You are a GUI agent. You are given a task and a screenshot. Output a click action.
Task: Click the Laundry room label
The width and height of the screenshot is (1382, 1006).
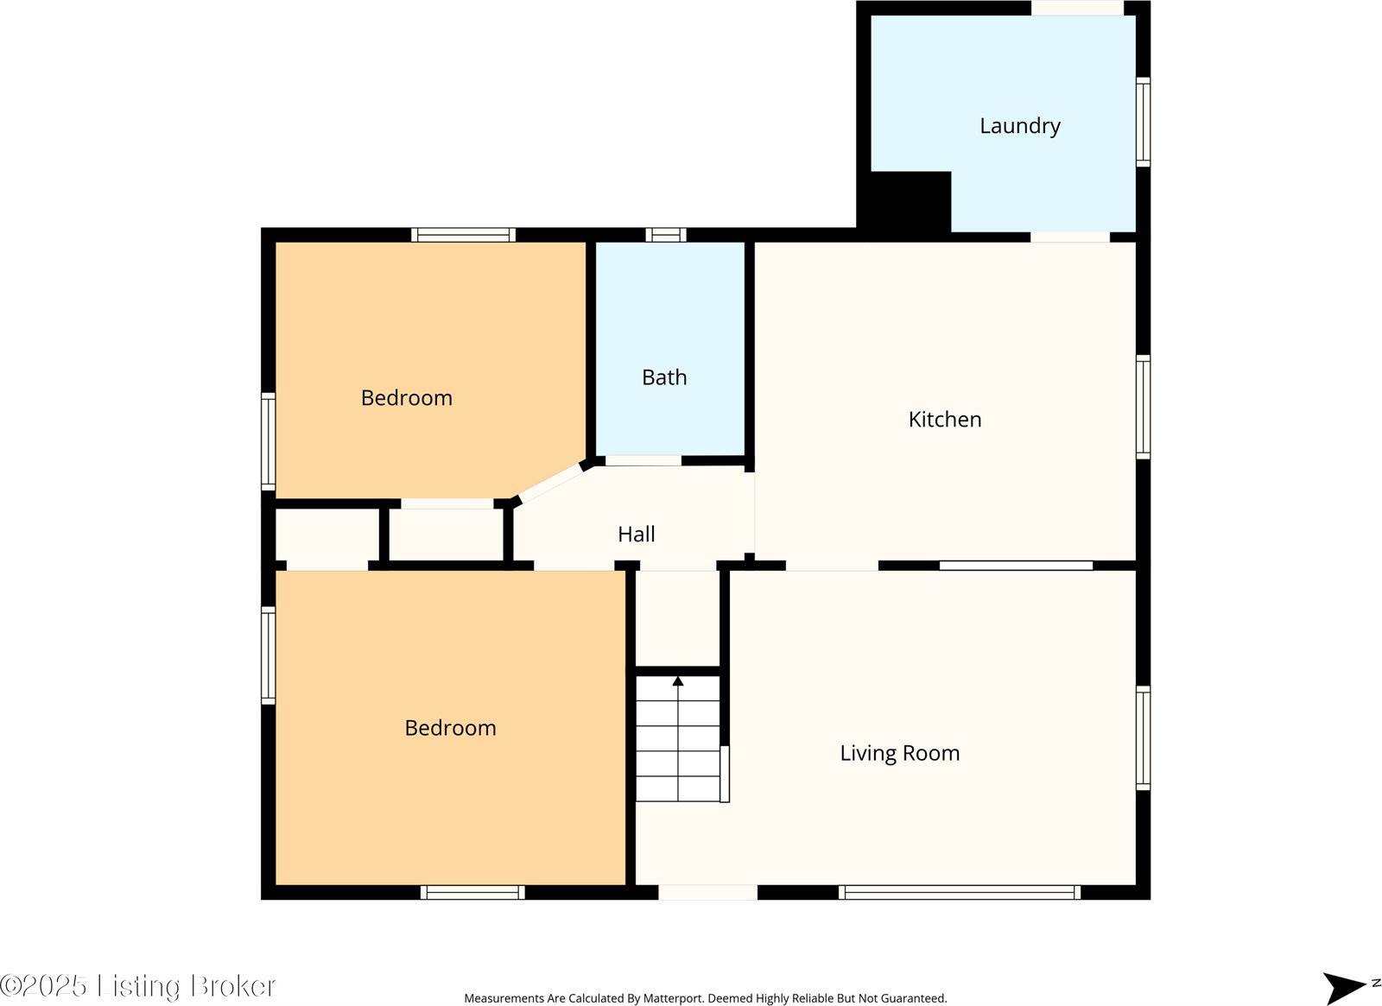[x=1019, y=126]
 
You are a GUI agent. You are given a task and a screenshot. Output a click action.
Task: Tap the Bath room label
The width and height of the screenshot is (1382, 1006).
[x=664, y=377]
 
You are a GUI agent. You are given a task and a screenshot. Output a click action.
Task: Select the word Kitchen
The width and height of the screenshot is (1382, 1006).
[x=944, y=420]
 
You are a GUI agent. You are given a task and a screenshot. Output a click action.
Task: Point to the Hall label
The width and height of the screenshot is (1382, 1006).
[x=636, y=535]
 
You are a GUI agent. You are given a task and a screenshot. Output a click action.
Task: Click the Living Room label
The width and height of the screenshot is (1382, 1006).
[x=899, y=753]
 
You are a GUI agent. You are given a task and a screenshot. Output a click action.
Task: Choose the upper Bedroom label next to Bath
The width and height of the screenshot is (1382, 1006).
[x=406, y=398]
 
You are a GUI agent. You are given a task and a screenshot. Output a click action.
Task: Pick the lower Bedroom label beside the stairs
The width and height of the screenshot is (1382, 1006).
[x=450, y=728]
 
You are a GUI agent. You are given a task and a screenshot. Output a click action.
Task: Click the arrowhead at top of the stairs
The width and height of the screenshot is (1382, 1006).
[x=678, y=681]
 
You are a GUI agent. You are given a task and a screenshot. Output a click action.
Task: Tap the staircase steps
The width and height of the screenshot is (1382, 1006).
[x=678, y=743]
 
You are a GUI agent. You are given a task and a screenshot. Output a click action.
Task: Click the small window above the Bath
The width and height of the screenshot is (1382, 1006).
[x=666, y=235]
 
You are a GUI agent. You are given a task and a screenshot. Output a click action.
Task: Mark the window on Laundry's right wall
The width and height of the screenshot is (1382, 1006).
[x=1143, y=122]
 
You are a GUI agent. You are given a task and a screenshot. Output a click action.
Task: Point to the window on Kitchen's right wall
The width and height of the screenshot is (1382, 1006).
[x=1143, y=407]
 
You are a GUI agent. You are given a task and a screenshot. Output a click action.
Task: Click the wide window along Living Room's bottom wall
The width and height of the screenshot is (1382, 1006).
[x=959, y=893]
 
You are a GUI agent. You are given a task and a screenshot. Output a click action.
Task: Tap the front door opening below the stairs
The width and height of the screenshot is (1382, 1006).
[x=707, y=893]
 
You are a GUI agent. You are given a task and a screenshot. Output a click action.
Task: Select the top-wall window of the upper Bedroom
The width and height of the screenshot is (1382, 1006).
[x=463, y=235]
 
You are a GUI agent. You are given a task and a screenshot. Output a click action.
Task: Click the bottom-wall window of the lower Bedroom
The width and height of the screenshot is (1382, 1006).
[x=472, y=893]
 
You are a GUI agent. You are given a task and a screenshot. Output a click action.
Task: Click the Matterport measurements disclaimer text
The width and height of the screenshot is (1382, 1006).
[x=705, y=998]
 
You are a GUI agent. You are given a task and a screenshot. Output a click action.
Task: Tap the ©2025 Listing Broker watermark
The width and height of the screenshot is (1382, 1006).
[x=138, y=985]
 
